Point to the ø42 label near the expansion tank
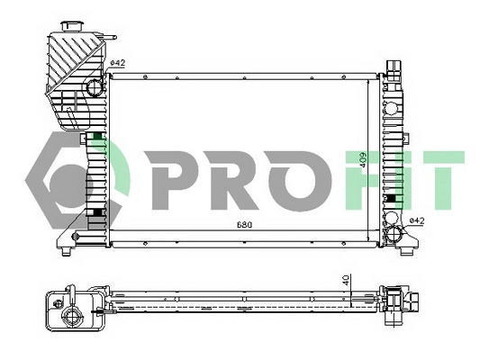(117, 62)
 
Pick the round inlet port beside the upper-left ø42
(95, 87)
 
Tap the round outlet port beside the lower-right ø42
(393, 235)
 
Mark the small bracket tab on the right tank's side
(405, 138)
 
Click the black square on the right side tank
(388, 198)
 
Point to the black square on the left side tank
(95, 212)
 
